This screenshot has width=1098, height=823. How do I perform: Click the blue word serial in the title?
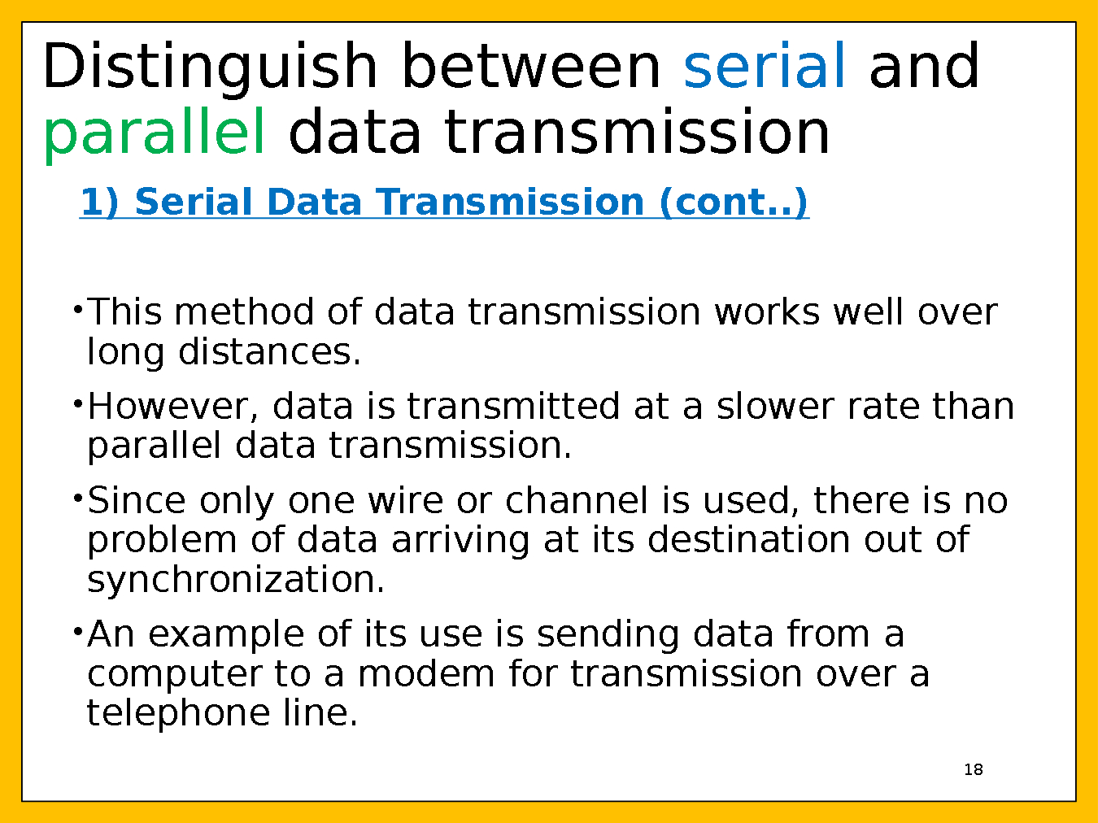point(764,66)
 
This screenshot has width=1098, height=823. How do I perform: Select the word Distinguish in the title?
point(210,69)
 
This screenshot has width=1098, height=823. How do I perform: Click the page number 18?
point(974,769)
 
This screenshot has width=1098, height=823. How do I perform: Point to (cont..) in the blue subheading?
point(734,202)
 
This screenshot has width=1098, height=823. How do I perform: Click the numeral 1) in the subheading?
point(100,202)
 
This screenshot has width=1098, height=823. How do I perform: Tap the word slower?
point(775,406)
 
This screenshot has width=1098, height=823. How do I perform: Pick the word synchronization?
point(236,580)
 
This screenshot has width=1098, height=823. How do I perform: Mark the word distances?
point(270,351)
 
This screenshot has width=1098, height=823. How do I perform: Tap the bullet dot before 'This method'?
point(77,309)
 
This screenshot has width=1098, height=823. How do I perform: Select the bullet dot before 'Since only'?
point(77,498)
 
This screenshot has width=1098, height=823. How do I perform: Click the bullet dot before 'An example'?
point(77,632)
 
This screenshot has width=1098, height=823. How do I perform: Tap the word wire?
point(406,500)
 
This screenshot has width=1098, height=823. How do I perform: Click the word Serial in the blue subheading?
point(193,202)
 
